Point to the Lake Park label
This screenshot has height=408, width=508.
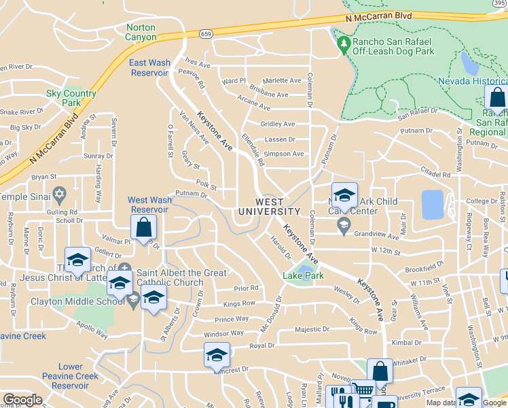[303, 275]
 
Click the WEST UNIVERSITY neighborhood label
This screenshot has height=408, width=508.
[270, 207]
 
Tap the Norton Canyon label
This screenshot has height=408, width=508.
[141, 32]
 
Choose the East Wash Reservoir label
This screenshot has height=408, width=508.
[149, 67]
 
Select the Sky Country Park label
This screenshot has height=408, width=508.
[71, 98]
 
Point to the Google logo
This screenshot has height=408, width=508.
[22, 400]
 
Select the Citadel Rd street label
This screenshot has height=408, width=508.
[435, 175]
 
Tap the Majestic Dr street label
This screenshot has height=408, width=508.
[312, 330]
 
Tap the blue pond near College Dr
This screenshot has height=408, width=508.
[431, 205]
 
